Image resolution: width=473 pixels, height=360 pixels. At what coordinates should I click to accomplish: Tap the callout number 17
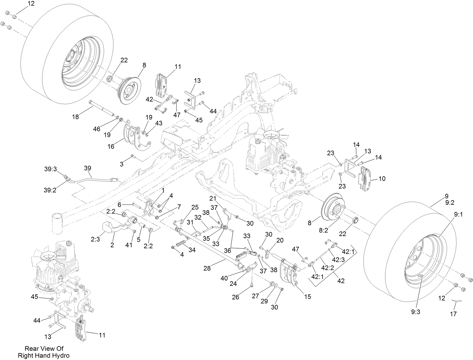[453, 314]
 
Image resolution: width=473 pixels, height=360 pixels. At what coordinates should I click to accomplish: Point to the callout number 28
[207, 268]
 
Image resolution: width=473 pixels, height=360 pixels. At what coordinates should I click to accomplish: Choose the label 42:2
[327, 268]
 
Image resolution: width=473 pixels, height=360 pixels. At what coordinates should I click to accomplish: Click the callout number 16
[111, 147]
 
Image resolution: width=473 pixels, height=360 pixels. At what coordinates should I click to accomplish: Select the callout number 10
[382, 179]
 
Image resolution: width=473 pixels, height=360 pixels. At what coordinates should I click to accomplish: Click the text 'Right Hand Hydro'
[43, 355]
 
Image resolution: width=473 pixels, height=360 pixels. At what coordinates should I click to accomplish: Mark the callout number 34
[192, 250]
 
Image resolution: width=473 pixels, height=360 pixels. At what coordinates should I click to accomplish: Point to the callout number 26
[236, 297]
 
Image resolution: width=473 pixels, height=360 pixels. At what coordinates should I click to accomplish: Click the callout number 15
[308, 296]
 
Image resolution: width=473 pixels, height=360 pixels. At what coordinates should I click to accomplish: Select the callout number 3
[122, 164]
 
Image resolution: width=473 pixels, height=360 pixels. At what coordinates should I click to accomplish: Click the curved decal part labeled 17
[456, 301]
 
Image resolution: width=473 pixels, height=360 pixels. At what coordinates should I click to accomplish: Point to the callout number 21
[213, 198]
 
